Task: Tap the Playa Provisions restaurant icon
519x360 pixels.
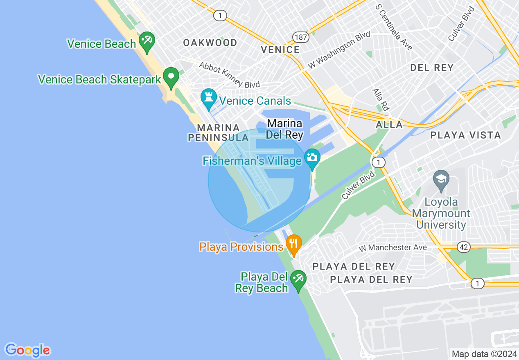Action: (293, 244)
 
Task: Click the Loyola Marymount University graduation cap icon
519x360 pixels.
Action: (441, 180)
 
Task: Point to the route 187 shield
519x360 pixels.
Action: (300, 37)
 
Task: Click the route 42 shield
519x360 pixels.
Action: (465, 247)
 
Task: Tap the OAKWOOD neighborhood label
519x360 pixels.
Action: (210, 43)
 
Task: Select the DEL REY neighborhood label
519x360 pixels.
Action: (432, 68)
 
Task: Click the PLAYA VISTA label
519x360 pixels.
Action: (465, 135)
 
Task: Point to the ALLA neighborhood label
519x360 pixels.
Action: (390, 125)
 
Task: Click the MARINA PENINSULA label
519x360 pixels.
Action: (218, 133)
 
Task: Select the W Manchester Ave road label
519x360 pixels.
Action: (393, 248)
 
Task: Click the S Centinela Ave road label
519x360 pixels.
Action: (393, 28)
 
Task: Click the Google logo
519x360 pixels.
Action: (27, 350)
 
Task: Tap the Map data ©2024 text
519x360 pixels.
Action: (484, 354)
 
